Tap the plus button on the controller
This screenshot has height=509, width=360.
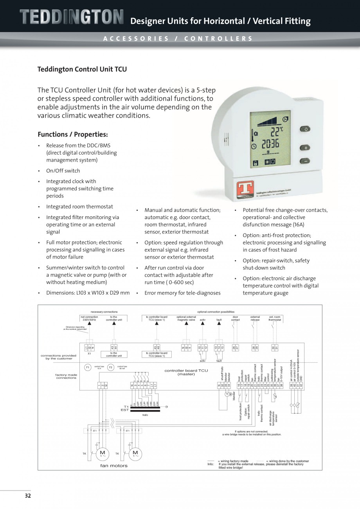305,148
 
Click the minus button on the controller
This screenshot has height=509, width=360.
305,161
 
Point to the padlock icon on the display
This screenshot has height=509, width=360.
256,162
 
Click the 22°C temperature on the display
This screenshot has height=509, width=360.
275,131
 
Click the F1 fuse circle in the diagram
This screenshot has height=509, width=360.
88,367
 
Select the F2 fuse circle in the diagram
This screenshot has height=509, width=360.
111,367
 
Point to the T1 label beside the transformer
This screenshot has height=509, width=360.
126,407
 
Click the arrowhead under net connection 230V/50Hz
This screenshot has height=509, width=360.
89,324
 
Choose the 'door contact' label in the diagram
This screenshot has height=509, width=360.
235,318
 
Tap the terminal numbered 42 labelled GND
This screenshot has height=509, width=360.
301,385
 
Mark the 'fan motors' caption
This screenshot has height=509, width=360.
114,466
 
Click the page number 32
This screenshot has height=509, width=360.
27,496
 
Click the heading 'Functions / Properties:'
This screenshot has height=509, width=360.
73,134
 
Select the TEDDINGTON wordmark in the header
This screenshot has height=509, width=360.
72,17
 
